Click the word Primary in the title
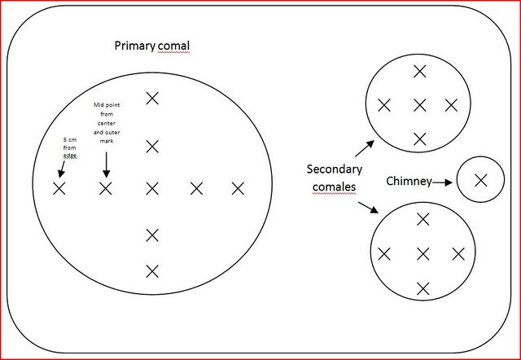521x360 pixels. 134,46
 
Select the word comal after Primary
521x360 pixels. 173,46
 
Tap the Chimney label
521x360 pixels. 409,181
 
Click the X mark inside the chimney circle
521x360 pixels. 480,181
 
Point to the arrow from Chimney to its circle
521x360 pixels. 442,182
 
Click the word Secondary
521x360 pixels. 334,169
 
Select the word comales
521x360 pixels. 334,187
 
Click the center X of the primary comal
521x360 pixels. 152,188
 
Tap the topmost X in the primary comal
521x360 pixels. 152,99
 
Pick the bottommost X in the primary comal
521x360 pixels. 152,271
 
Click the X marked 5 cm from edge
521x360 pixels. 59,188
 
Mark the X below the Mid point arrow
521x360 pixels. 106,188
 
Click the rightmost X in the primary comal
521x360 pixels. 238,188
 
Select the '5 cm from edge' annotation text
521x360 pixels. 69,148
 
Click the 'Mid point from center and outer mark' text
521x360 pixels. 107,123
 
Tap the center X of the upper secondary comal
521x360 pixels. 420,105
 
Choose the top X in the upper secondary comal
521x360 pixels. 420,72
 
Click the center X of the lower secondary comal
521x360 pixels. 423,254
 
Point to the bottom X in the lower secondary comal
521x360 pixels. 423,288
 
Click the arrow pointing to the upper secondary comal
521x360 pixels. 365,148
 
